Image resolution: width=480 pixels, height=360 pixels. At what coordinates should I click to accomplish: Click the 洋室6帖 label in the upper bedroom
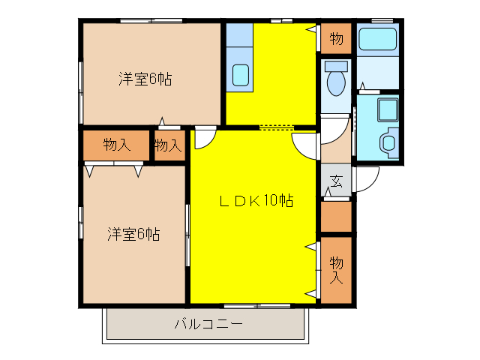pyautogui.click(x=145, y=78)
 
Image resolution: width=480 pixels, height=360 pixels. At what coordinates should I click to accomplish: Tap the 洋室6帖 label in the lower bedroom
pyautogui.click(x=133, y=233)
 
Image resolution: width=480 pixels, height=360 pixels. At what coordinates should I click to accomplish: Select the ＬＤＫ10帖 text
pyautogui.click(x=255, y=201)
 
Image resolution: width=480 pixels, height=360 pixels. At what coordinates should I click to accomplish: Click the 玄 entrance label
pyautogui.click(x=337, y=181)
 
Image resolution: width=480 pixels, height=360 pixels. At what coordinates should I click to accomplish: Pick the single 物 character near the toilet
pyautogui.click(x=336, y=37)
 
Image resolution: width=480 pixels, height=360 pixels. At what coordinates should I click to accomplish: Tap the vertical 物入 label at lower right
pyautogui.click(x=336, y=270)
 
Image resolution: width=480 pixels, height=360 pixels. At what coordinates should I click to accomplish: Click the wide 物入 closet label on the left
pyautogui.click(x=116, y=145)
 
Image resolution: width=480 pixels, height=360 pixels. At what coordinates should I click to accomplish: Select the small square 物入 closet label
pyautogui.click(x=169, y=145)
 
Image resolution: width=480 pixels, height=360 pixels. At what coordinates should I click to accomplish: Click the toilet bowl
pyautogui.click(x=335, y=83)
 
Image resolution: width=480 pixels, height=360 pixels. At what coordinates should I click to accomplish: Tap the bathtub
pyautogui.click(x=377, y=38)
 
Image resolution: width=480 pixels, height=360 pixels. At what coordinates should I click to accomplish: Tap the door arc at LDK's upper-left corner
pyautogui.click(x=205, y=138)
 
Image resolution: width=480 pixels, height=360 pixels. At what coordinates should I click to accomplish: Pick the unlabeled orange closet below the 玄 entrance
pyautogui.click(x=336, y=216)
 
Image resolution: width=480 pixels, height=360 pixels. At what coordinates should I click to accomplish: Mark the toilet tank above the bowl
pyautogui.click(x=335, y=65)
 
